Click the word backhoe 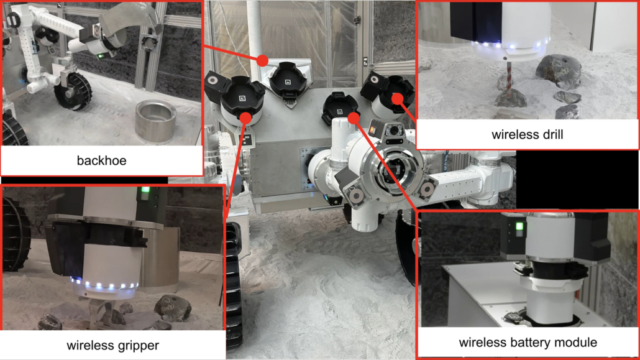(x=102, y=160)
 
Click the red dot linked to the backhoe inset (x=262, y=61)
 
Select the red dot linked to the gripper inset (x=245, y=118)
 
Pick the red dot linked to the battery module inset (x=354, y=118)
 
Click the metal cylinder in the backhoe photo (x=155, y=122)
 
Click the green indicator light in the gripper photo (x=145, y=190)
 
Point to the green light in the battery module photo (x=519, y=226)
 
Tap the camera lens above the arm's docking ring (x=394, y=131)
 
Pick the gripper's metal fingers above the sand (x=102, y=313)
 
